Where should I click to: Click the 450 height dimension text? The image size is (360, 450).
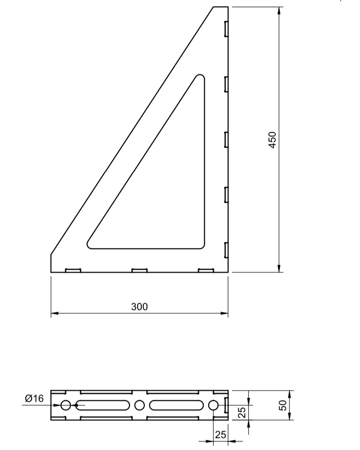[x=273, y=140]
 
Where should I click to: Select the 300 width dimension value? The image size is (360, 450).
[x=139, y=307]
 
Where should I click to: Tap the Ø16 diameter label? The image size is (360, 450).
[x=34, y=398]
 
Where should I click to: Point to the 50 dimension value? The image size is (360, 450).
[x=283, y=405]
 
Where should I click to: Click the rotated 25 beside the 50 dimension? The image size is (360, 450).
[x=242, y=413]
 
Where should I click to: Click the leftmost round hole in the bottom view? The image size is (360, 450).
[x=66, y=405]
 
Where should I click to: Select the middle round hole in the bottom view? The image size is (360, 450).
[x=139, y=405]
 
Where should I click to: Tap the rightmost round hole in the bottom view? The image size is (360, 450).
[x=213, y=405]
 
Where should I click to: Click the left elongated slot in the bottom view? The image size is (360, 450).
[x=103, y=405]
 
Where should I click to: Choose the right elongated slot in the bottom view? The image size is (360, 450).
[x=176, y=405]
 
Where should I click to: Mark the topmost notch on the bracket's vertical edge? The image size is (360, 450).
[x=226, y=29]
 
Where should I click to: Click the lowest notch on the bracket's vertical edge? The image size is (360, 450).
[x=226, y=250]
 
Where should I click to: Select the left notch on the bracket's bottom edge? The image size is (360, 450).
[x=73, y=270]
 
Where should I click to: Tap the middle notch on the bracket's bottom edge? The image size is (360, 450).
[x=139, y=270]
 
